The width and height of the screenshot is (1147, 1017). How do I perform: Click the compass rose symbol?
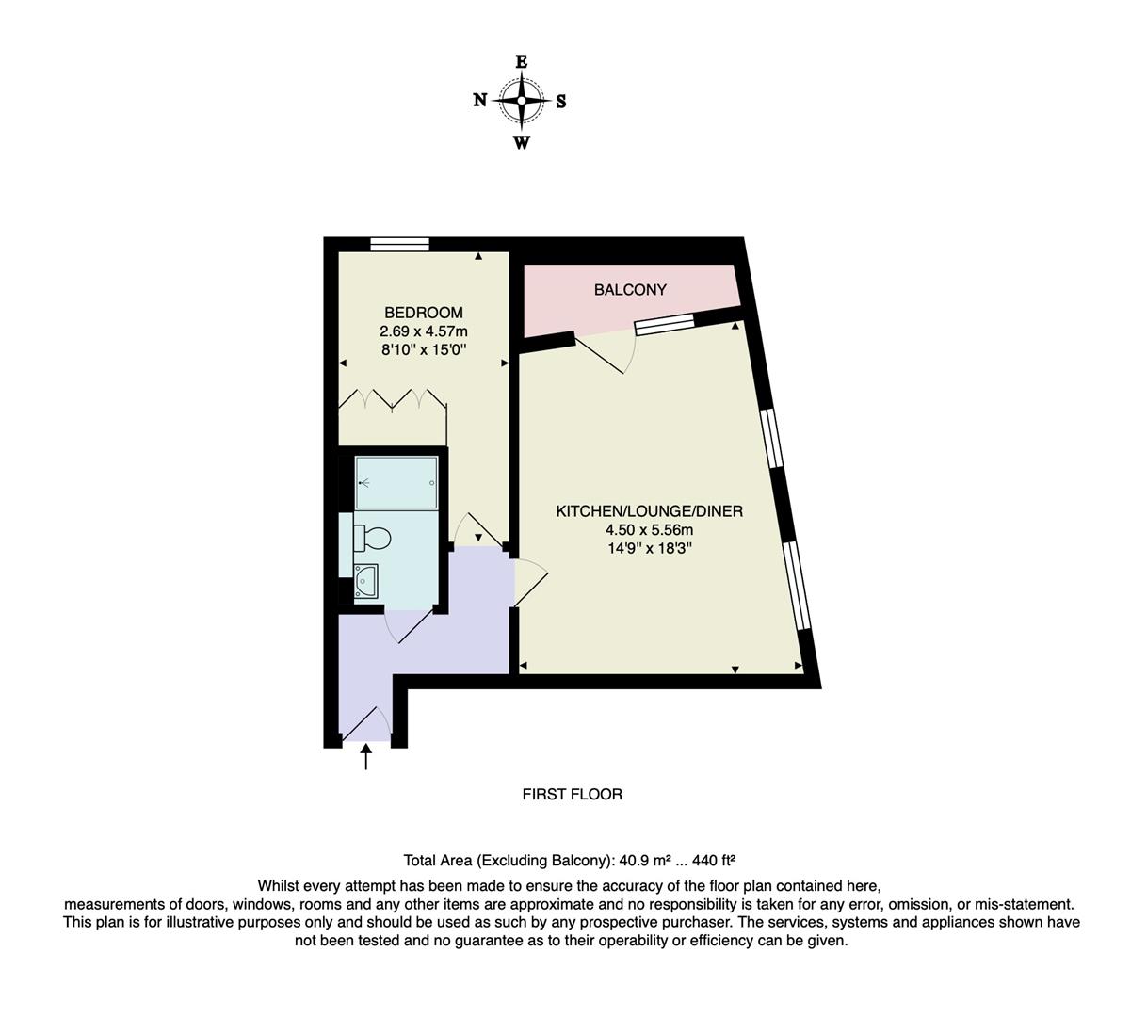click(x=521, y=101)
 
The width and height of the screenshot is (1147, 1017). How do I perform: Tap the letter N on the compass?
click(x=479, y=101)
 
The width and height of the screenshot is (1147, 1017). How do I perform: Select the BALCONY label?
click(x=630, y=290)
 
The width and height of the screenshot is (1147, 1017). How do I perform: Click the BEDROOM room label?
click(x=423, y=313)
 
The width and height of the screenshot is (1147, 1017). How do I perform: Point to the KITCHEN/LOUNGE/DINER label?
click(x=649, y=511)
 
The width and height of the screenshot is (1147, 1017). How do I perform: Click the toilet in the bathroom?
click(x=373, y=538)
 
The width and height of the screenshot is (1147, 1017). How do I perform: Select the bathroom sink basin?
click(x=365, y=582)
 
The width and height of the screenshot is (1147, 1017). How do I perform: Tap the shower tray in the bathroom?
click(x=396, y=483)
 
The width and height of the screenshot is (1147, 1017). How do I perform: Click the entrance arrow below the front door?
click(x=365, y=756)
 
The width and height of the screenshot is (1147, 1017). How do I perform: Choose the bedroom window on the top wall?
click(x=399, y=244)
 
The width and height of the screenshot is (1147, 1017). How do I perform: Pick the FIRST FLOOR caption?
click(x=572, y=795)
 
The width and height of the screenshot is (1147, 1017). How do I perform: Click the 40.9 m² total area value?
click(x=643, y=860)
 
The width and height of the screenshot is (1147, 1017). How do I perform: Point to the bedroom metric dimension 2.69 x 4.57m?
click(x=423, y=331)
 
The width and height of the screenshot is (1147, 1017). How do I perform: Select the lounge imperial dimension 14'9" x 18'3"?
click(x=649, y=548)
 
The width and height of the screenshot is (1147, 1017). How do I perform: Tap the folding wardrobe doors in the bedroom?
click(x=393, y=399)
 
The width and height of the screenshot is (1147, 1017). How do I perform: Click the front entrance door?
click(x=365, y=722)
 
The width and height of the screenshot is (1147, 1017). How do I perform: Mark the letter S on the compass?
click(x=561, y=102)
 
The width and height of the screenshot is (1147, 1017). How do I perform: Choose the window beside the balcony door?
click(x=664, y=326)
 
